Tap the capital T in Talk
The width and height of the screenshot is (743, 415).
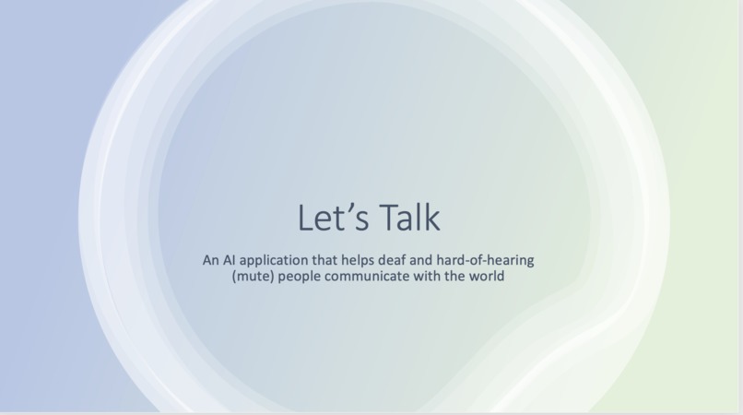point(388,218)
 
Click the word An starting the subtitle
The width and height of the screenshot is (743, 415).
point(211,260)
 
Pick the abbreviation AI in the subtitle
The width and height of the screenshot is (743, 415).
point(231,260)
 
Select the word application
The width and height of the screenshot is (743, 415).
point(278,261)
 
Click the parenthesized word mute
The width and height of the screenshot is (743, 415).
point(254,276)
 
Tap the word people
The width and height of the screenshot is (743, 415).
point(301,277)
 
